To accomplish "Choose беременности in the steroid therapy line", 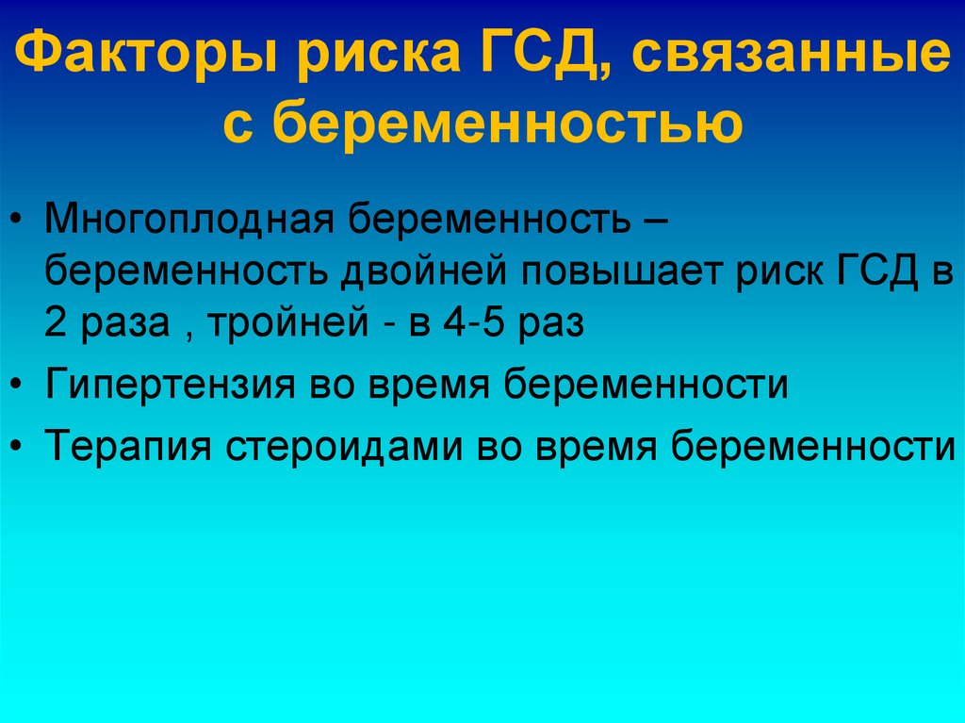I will tap(813, 444).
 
